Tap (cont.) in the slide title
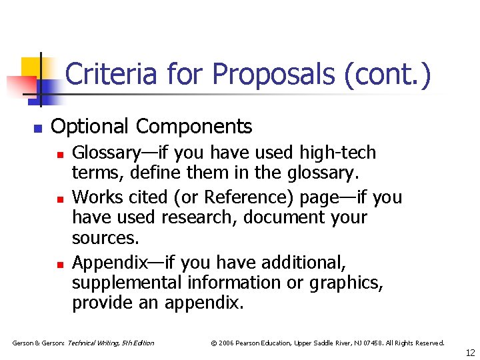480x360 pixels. coord(388,74)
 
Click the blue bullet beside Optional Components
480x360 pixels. coord(38,128)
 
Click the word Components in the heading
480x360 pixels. coord(194,126)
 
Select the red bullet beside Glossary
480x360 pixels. coord(59,154)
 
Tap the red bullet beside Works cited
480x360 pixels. coord(59,199)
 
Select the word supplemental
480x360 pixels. coord(126,283)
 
